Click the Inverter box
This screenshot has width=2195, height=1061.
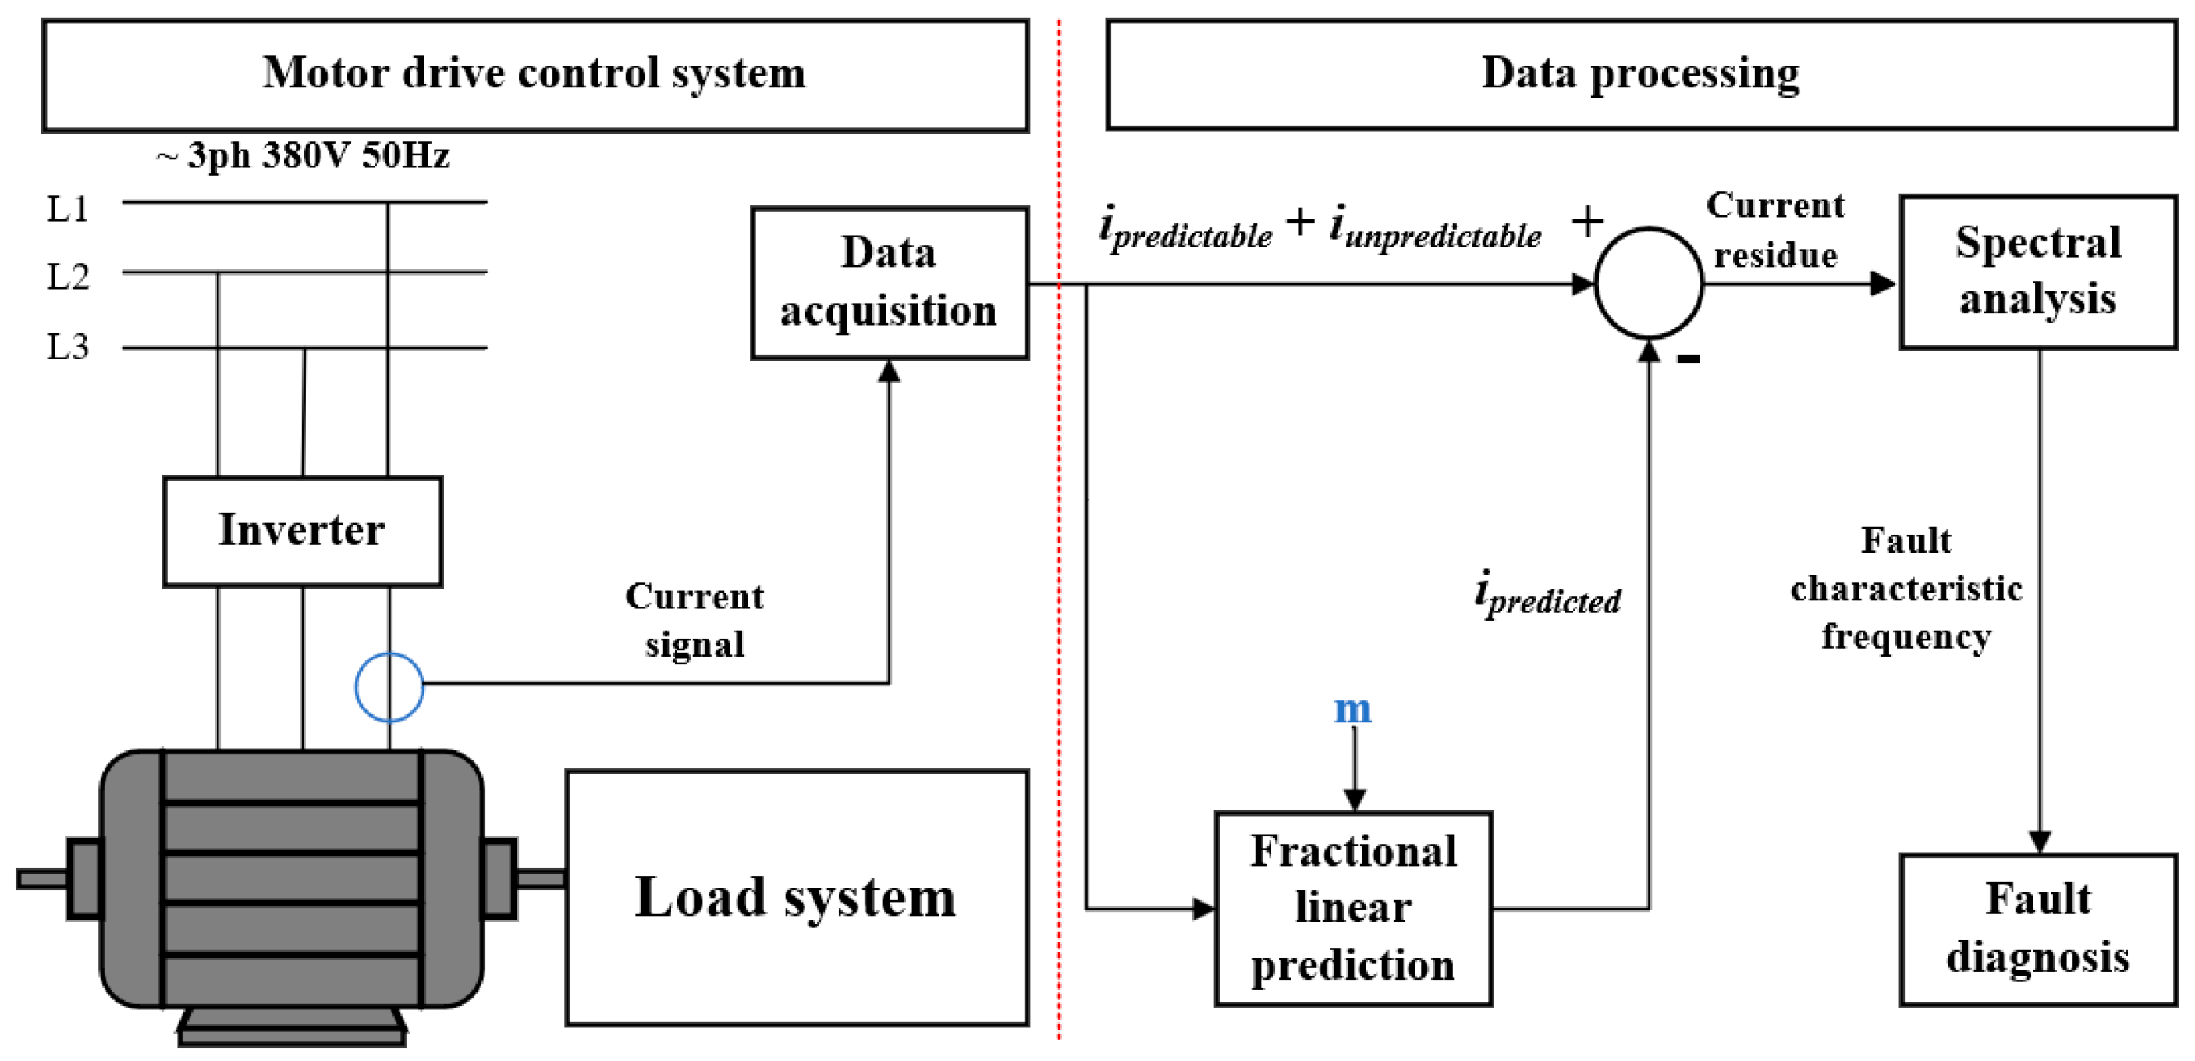tap(302, 531)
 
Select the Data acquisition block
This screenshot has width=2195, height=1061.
tap(889, 282)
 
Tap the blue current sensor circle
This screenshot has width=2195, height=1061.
tap(389, 687)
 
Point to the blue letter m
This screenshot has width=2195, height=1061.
tap(1352, 709)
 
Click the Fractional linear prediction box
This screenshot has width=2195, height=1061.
tap(1352, 909)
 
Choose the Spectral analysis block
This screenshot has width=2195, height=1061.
tap(2037, 272)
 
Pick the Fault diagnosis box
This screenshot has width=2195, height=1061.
tap(2037, 929)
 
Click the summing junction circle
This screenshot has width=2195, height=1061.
tap(1648, 283)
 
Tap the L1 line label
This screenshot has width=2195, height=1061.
tap(67, 208)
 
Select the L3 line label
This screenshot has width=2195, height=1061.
tap(67, 347)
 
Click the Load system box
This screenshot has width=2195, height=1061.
tap(796, 897)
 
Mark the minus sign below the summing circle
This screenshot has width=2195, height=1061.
tap(1687, 359)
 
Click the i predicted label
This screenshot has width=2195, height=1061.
tap(1547, 594)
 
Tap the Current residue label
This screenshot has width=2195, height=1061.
tap(1775, 230)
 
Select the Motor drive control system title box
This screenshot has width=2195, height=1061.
tap(535, 75)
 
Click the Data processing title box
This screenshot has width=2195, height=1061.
tap(1640, 75)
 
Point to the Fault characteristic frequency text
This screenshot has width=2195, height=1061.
tap(1906, 589)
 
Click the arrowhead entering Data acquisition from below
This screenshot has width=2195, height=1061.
tap(889, 372)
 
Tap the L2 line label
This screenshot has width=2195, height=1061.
tap(67, 277)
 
